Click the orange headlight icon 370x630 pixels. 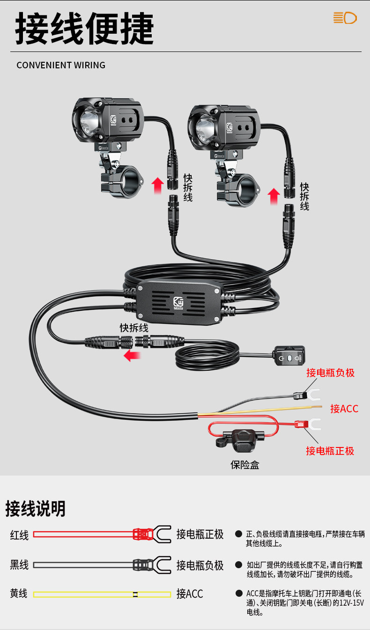click(345, 18)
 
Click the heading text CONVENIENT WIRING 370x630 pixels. click(61, 65)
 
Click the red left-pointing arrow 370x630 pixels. click(132, 356)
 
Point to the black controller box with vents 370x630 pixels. click(178, 301)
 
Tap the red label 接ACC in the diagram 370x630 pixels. click(344, 409)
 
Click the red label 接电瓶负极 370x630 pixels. click(330, 373)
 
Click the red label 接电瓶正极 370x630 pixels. click(330, 451)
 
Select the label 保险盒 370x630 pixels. click(244, 464)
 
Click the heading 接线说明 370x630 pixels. click(36, 509)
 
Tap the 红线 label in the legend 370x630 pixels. click(19, 535)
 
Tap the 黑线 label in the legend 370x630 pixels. click(19, 565)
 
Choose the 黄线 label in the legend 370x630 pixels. click(19, 593)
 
